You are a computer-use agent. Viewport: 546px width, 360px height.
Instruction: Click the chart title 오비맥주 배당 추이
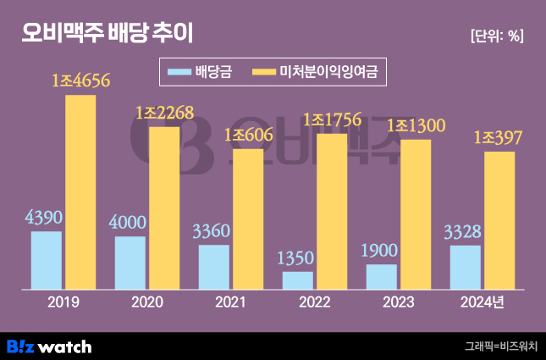pos(108,34)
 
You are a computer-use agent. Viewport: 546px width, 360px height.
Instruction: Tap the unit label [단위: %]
pos(496,36)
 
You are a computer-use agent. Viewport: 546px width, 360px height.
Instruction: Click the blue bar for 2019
pos(47,260)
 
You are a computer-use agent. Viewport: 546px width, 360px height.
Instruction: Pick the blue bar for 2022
pos(298,280)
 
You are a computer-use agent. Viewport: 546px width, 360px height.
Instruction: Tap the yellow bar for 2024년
pos(499,220)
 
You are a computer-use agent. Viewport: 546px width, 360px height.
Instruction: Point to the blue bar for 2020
pos(130,263)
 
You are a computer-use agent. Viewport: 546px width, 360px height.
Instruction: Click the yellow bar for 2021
pos(248,219)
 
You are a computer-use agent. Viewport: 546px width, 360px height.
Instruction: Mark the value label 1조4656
pos(81,82)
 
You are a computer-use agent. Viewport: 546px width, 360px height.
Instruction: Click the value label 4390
pos(46,219)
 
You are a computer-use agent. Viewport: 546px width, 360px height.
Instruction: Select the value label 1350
pos(298,259)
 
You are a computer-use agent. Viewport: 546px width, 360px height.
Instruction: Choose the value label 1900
pos(382,252)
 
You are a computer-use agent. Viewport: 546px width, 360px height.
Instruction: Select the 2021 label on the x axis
pos(231,302)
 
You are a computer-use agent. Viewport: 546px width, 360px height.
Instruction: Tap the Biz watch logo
pos(49,346)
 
